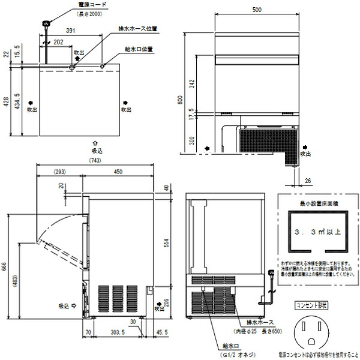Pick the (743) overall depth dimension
tap(95, 161)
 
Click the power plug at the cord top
tap(45, 24)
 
